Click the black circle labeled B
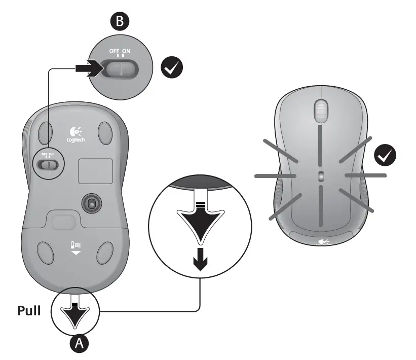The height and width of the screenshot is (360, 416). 121,21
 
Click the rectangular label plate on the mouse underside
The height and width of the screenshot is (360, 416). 95,170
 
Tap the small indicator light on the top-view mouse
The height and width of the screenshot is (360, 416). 320,176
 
